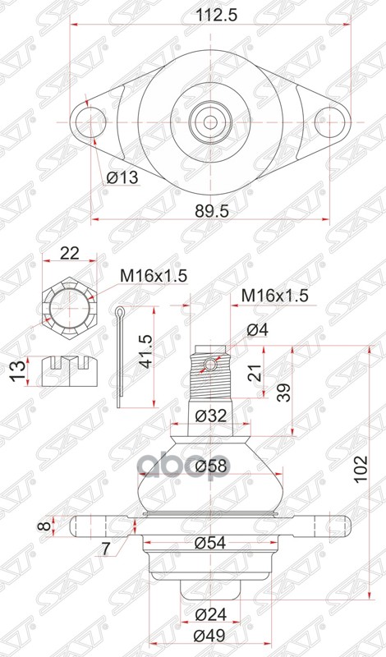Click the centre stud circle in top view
(208, 121)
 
